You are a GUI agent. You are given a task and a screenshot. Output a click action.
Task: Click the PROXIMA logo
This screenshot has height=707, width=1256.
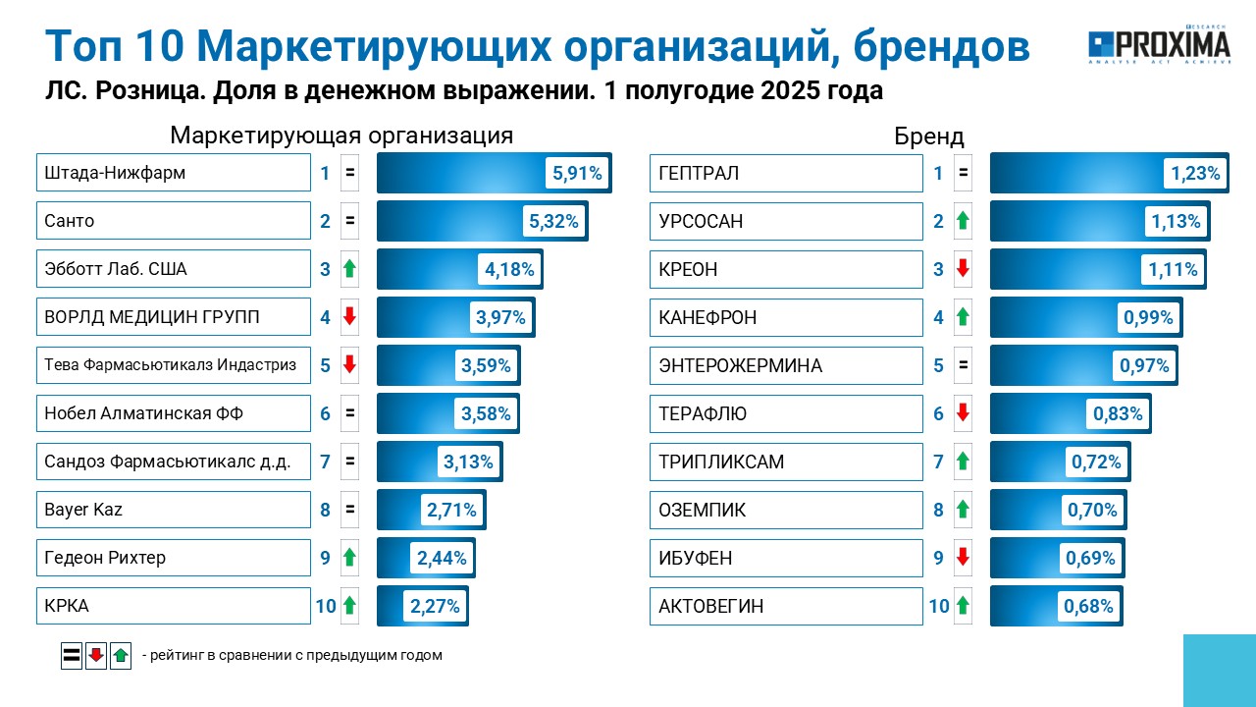tap(1159, 45)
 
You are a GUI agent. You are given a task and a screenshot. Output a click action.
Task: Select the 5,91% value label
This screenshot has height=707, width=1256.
tap(577, 173)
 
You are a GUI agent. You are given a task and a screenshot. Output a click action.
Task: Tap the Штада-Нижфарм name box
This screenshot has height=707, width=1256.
tap(174, 172)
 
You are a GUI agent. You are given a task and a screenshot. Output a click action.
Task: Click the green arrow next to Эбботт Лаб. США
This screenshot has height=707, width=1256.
tap(349, 269)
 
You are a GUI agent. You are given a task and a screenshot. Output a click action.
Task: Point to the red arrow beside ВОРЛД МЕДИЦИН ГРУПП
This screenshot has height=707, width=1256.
tap(349, 316)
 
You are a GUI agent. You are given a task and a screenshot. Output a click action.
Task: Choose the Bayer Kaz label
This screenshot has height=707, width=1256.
tap(83, 510)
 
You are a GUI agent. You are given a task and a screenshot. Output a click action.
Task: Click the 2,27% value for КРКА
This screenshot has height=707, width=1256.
tap(435, 606)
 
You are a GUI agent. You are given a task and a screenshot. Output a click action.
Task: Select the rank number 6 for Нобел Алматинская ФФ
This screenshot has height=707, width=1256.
tap(325, 413)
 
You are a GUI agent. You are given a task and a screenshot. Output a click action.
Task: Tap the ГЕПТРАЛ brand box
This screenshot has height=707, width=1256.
tap(786, 174)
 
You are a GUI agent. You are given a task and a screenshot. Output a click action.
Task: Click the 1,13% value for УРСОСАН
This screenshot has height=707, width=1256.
tap(1176, 221)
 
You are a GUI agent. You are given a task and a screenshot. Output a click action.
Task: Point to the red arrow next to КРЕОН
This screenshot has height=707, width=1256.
tap(963, 269)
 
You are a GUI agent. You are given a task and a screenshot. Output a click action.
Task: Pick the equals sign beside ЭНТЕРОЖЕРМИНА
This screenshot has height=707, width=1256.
tap(963, 364)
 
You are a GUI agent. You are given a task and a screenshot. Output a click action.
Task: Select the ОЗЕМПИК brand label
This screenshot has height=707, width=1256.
tap(702, 510)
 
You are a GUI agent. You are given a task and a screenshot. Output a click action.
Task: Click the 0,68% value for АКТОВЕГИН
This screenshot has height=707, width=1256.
tap(1088, 606)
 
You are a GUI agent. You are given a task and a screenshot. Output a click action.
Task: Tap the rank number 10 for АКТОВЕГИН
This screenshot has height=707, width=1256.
tap(939, 606)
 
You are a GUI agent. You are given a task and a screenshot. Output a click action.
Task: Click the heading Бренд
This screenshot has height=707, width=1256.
tap(928, 136)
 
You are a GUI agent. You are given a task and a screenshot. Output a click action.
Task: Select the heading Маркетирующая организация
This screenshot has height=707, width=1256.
tap(341, 136)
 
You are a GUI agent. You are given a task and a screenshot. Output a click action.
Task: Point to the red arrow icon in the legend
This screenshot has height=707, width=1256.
tap(96, 655)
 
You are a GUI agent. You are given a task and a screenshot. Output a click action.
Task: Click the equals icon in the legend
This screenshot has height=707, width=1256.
tap(72, 655)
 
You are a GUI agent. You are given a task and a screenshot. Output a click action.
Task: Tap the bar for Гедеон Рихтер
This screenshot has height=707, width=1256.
tap(426, 558)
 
